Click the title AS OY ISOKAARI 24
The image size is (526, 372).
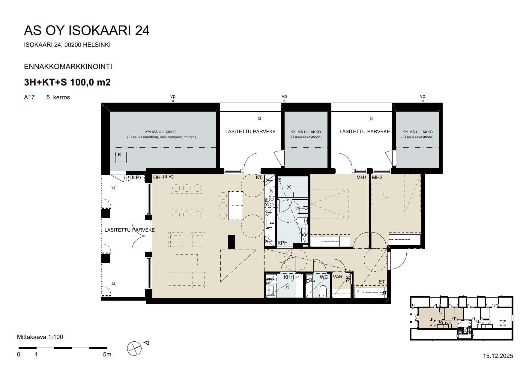point(86,31)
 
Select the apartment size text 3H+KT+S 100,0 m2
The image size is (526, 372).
point(67,82)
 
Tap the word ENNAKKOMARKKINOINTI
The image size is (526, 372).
point(68,67)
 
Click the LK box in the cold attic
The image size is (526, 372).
point(121,157)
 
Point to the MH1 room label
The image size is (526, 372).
point(361,178)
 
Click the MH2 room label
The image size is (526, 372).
point(377,178)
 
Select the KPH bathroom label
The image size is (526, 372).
point(282,243)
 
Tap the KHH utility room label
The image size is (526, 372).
point(289,277)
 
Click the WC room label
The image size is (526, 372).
point(324,277)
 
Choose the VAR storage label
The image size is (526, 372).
point(338,277)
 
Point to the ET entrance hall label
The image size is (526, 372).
point(381,282)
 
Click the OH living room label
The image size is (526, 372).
point(157,178)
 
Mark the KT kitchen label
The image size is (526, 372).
point(259,178)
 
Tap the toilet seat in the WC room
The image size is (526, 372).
point(323,291)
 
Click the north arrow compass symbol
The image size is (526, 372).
point(134,349)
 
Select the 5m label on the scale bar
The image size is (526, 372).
point(107,355)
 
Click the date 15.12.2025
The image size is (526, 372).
point(498,356)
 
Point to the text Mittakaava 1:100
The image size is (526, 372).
point(40,337)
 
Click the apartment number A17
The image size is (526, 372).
point(29,97)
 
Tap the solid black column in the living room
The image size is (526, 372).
point(231,242)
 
